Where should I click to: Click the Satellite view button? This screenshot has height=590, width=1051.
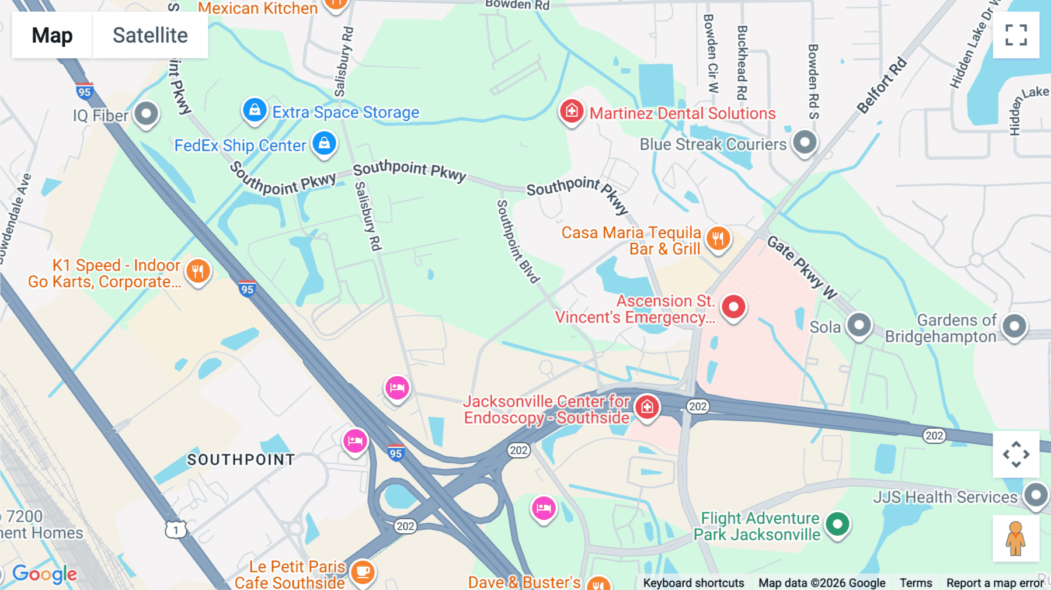pyautogui.click(x=150, y=35)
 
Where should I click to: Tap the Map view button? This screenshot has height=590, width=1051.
pyautogui.click(x=52, y=35)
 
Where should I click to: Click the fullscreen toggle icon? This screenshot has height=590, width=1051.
pyautogui.click(x=1016, y=35)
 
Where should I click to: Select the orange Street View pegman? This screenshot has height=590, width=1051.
pyautogui.click(x=1016, y=538)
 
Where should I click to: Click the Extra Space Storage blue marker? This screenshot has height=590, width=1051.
pyautogui.click(x=255, y=110)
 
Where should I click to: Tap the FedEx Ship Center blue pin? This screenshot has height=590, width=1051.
pyautogui.click(x=324, y=143)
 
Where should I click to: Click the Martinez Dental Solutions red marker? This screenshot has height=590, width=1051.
pyautogui.click(x=572, y=110)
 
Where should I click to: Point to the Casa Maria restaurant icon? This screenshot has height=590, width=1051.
pyautogui.click(x=718, y=238)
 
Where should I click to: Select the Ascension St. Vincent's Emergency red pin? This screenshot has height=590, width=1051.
pyautogui.click(x=733, y=307)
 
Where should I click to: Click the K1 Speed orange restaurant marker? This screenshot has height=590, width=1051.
pyautogui.click(x=198, y=272)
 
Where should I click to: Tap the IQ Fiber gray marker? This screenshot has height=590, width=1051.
pyautogui.click(x=146, y=113)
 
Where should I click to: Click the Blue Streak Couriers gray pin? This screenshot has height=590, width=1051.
pyautogui.click(x=805, y=142)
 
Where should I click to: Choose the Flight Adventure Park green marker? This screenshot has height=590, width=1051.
pyautogui.click(x=837, y=524)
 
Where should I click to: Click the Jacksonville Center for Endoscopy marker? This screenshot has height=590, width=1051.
pyautogui.click(x=647, y=407)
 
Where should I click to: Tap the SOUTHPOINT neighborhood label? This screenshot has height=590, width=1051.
pyautogui.click(x=241, y=460)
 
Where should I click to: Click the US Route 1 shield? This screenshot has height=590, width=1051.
pyautogui.click(x=176, y=530)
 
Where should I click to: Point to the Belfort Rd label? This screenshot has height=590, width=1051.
pyautogui.click(x=882, y=85)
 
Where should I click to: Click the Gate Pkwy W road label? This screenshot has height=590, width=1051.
pyautogui.click(x=802, y=267)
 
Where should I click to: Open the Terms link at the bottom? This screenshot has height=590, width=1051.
pyautogui.click(x=916, y=582)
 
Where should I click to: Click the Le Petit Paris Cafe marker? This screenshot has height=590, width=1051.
pyautogui.click(x=362, y=571)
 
